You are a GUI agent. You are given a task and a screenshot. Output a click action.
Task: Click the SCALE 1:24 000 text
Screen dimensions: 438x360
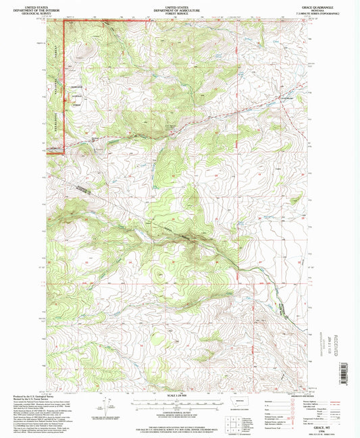(180, 395)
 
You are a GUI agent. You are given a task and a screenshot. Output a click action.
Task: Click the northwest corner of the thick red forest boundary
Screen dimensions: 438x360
(64, 21)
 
